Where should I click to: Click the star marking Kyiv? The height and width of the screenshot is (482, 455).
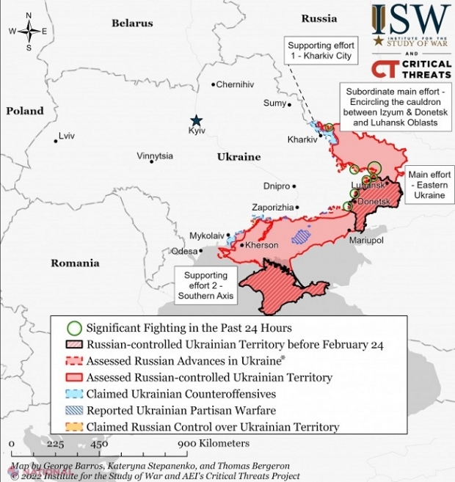pos(196,121)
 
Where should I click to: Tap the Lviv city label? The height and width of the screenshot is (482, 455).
pos(66,136)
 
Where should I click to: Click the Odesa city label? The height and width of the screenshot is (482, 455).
pos(183,251)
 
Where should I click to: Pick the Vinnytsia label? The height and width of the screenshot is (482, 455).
pos(155,156)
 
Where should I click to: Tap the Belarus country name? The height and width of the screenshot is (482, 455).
pos(132,23)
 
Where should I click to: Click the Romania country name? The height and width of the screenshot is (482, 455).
pos(74,263)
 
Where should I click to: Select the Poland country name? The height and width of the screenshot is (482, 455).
pos(25,112)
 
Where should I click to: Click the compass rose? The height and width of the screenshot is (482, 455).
pos(28,31)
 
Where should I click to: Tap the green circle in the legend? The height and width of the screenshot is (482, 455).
pos(73,328)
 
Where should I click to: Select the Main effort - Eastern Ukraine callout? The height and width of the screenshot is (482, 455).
pos(429,186)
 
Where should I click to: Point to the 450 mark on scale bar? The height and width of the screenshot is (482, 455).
pos(98,444)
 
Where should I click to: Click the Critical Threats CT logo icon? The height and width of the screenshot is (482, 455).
pos(385,69)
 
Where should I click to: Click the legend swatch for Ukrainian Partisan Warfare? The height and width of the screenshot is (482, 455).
pos(73,411)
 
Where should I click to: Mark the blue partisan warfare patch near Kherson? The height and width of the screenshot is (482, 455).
pos(301,236)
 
